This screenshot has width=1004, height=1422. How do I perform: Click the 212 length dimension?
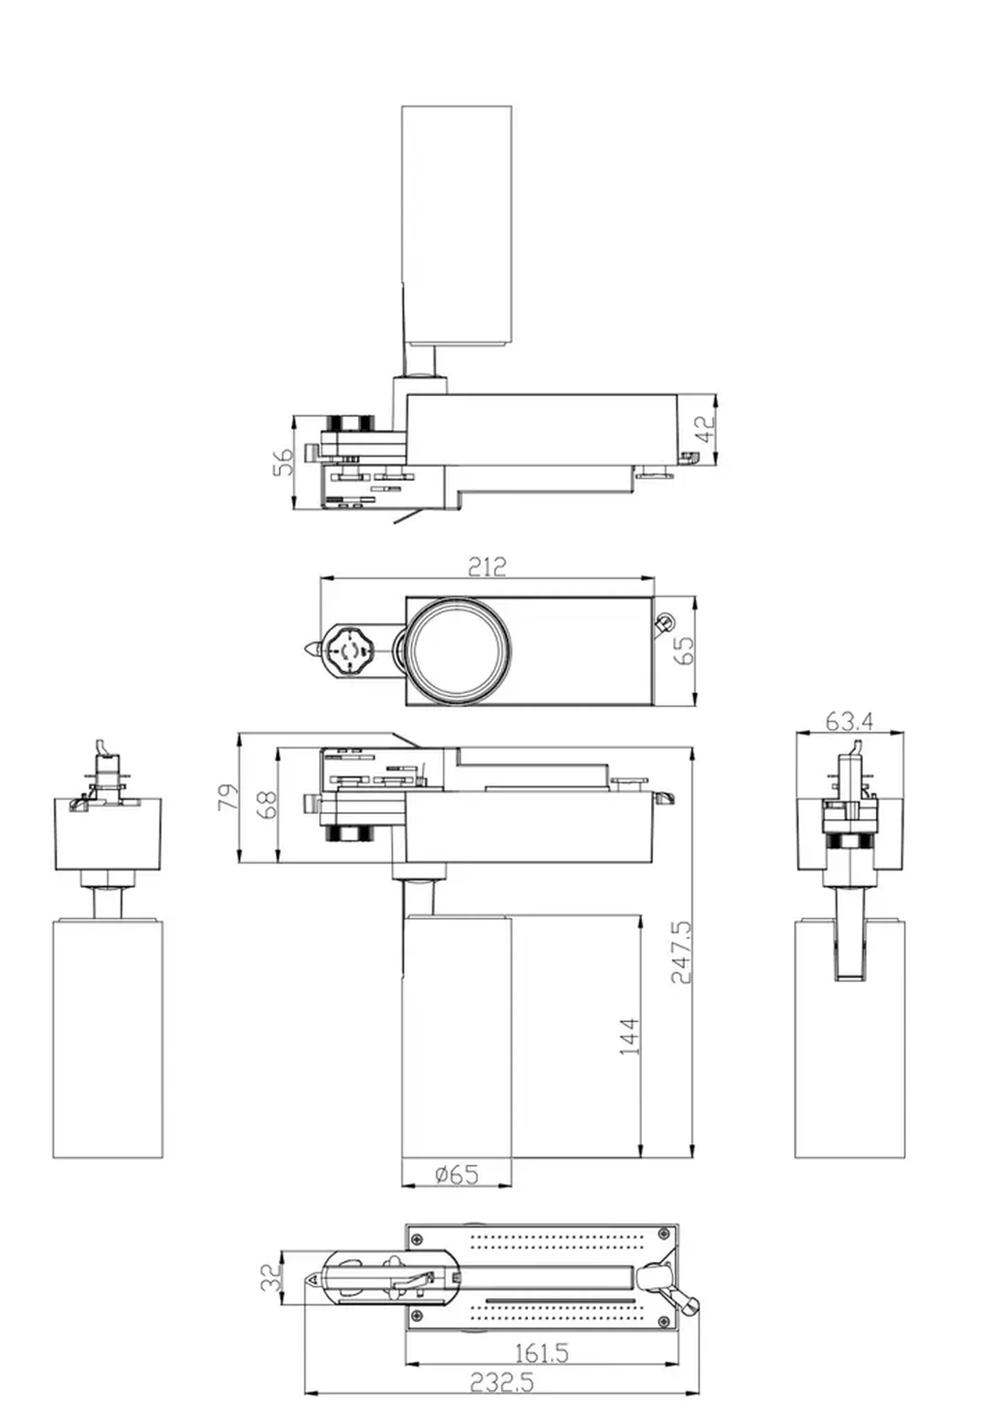[x=486, y=566]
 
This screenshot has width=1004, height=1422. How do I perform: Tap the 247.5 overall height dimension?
[x=681, y=952]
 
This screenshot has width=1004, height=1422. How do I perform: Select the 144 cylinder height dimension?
[x=629, y=1036]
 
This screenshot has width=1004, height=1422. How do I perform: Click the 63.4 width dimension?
[x=849, y=721]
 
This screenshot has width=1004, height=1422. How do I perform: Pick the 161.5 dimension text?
[x=542, y=1353]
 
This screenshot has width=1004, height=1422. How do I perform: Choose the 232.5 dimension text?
[x=501, y=1383]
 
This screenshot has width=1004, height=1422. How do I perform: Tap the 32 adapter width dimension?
[x=270, y=1278]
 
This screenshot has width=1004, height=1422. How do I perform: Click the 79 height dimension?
[x=227, y=796]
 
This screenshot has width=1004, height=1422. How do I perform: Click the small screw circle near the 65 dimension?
[x=666, y=620]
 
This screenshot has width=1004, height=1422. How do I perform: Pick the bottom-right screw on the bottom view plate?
[x=665, y=1323]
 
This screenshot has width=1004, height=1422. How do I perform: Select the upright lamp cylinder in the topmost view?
[x=456, y=223]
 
